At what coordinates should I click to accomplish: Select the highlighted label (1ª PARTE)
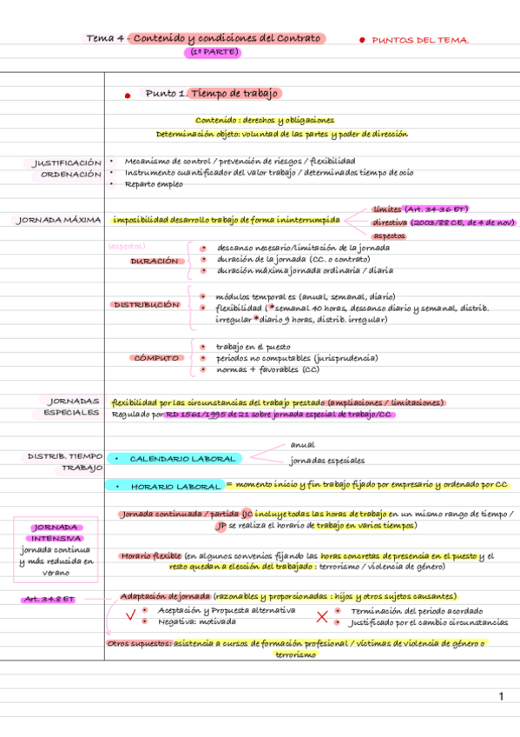click(x=211, y=52)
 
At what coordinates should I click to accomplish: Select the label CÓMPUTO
click(x=156, y=357)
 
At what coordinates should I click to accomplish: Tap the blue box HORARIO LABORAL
click(x=175, y=486)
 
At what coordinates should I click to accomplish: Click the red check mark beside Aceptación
click(x=130, y=616)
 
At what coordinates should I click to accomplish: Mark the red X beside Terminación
click(x=321, y=617)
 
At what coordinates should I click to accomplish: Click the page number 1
click(x=501, y=696)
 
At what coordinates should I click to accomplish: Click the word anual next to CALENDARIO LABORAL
click(x=302, y=445)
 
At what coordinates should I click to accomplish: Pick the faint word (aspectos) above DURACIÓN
click(x=127, y=246)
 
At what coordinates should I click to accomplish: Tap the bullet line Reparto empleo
click(x=155, y=183)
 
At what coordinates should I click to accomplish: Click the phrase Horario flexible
click(x=151, y=554)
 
